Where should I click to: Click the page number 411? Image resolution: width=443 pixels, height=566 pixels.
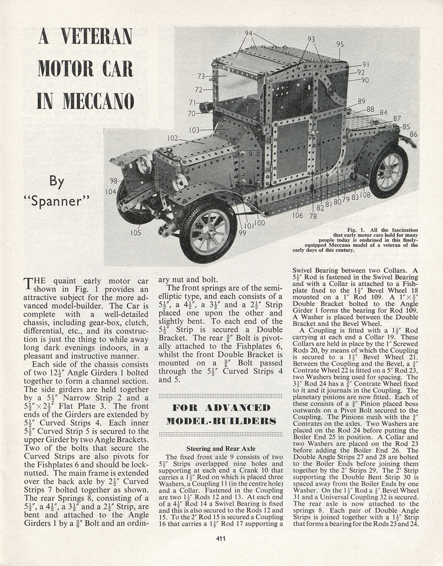click(221, 538)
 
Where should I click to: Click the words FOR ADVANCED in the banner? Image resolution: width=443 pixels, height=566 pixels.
click(221, 408)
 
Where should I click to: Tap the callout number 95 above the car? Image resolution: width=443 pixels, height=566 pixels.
click(340, 44)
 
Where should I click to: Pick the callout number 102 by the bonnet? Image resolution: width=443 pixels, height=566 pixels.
click(173, 138)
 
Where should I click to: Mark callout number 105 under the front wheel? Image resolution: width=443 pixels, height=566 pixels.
click(136, 233)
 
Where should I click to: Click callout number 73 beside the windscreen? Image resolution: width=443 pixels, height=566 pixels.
click(201, 76)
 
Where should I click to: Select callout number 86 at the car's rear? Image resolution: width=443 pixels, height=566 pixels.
click(414, 135)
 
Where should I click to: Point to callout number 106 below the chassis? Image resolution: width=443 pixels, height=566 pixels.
click(298, 215)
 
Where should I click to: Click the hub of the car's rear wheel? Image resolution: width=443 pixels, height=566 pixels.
click(389, 171)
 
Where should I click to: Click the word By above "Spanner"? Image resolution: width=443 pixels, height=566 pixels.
click(57, 182)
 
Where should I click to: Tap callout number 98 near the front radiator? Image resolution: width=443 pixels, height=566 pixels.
click(114, 181)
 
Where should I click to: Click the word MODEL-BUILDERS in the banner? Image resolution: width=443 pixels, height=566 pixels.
click(221, 421)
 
